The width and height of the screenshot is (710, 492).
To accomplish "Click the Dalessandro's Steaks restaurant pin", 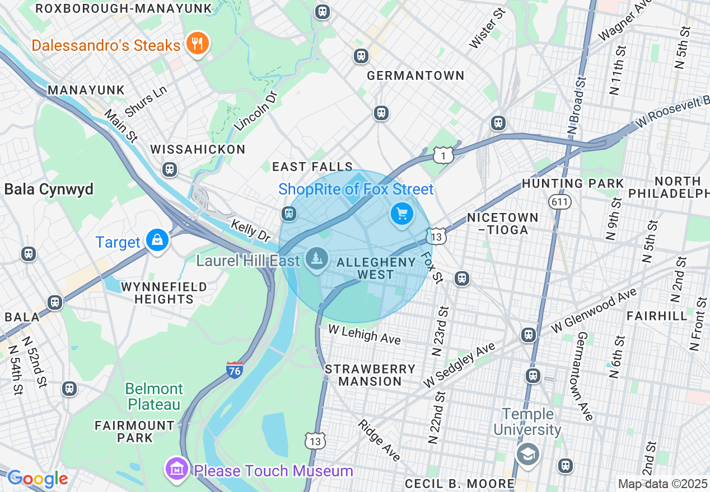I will pos(197,43).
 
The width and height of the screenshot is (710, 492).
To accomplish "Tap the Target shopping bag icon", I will pos(157,240).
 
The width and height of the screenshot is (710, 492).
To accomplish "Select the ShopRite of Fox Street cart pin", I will pos(401,214).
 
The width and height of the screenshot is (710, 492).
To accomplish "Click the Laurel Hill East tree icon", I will pos(317,259).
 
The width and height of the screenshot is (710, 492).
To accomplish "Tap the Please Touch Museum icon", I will pos(177,470).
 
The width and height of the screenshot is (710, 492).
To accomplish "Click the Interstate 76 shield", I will pos(235,370).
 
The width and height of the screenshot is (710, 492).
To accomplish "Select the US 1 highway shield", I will pos(443,156).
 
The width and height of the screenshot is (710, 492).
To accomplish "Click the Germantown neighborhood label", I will pos(415,75).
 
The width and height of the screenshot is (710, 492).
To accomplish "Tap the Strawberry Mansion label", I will pos(370,375).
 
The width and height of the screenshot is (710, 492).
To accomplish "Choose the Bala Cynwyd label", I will pos(49,189).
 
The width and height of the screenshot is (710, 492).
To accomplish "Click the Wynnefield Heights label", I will pos(164,293).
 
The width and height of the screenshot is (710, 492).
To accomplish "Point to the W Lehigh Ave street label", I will pos(365,335).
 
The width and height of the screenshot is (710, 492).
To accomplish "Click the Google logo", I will pos(38,479).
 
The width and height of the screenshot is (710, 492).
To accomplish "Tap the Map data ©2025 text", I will pos(662,484).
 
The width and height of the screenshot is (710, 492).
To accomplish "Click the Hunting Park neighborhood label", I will pos(572,183).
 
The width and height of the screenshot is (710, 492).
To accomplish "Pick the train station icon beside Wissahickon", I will pos(169,169).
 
